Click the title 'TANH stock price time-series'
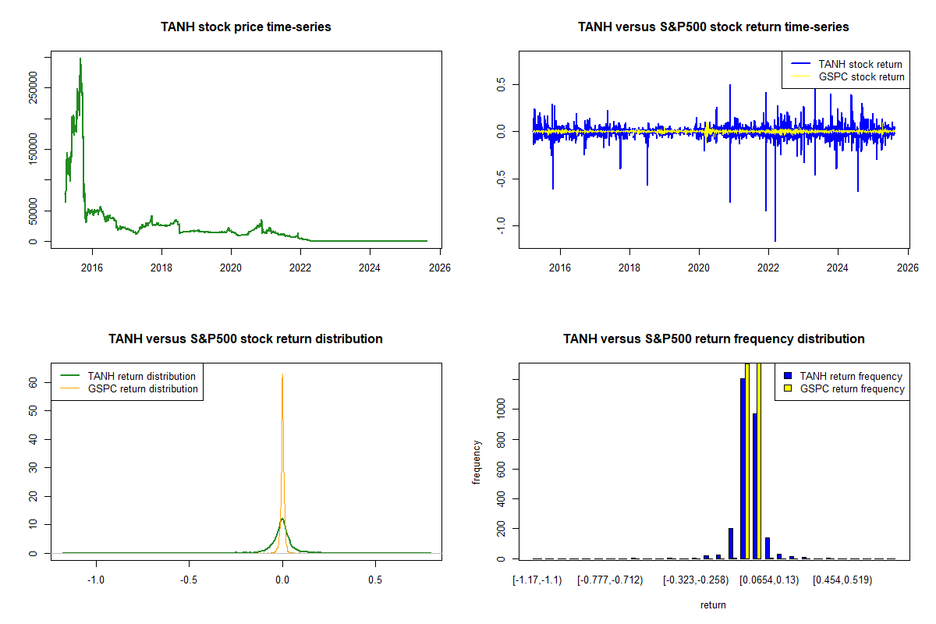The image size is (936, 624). pos(246,27)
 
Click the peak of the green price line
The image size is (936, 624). pos(80,58)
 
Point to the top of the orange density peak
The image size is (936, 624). pos(282,375)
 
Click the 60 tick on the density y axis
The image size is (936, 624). pos(34,383)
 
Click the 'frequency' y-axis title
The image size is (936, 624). pos(477,463)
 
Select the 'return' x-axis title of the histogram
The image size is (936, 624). pos(713,604)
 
